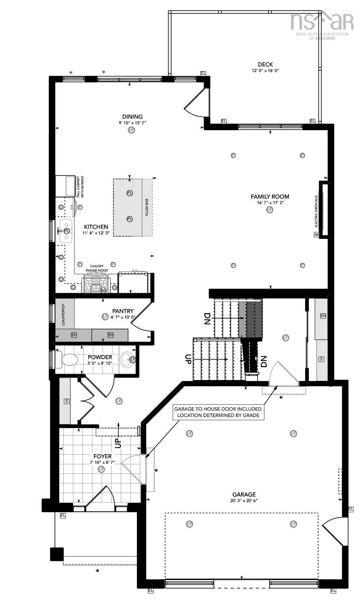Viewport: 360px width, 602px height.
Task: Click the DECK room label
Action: click(265, 64)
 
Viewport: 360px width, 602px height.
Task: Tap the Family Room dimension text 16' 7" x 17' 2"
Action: click(270, 203)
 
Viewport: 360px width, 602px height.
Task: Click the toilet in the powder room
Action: click(67, 359)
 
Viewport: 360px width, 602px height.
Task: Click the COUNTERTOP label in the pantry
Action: click(63, 314)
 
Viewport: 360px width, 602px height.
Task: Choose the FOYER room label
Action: click(101, 456)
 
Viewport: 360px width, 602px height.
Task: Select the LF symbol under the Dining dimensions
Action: click(131, 130)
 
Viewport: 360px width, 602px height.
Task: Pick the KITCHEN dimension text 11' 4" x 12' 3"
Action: click(96, 233)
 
